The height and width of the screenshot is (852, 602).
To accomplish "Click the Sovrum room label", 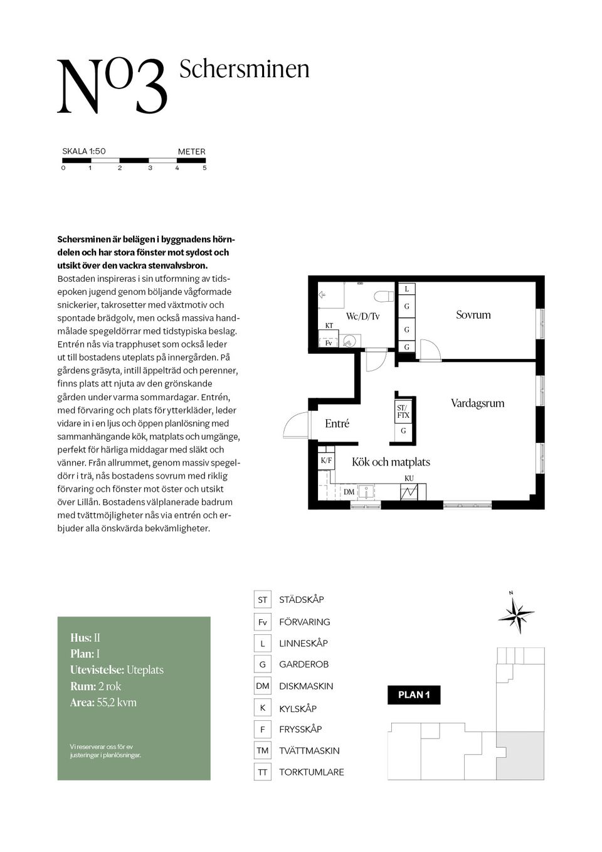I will [473, 315].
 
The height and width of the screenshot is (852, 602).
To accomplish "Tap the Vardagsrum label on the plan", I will [477, 403].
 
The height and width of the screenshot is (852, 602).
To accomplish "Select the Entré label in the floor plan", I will [337, 424].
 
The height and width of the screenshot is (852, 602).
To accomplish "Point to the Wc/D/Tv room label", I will [362, 316].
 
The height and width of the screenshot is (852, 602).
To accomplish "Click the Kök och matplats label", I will [391, 462].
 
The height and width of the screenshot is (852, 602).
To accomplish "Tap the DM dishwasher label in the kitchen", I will [349, 492].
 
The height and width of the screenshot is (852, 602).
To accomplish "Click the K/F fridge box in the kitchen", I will [326, 461].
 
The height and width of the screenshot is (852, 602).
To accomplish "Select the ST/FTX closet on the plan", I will [403, 412].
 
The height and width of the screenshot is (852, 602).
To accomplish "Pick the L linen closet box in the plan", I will [406, 289].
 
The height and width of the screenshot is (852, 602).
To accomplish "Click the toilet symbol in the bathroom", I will [382, 296].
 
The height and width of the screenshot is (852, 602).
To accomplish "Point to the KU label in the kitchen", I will [409, 479].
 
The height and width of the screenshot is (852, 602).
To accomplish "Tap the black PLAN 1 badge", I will [414, 695].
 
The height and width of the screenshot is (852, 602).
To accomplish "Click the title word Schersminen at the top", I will [244, 69].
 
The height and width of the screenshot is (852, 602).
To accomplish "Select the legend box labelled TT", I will [262, 772].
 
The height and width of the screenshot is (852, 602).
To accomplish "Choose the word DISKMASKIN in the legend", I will [306, 686].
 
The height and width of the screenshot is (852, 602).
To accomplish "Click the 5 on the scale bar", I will [204, 168].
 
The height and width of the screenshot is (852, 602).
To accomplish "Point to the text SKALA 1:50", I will [84, 151].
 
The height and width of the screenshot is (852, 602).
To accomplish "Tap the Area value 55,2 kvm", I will [117, 703].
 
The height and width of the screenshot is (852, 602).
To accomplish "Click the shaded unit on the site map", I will [520, 755].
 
